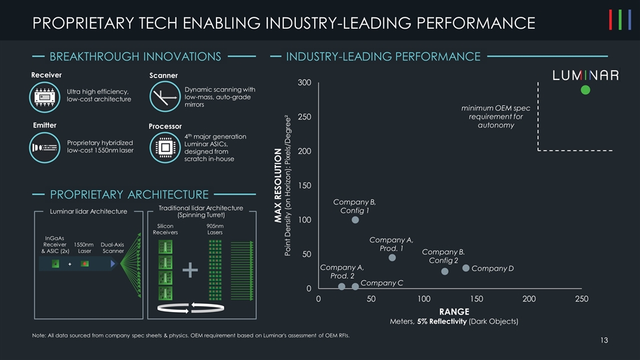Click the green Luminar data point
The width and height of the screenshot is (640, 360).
[x=585, y=90]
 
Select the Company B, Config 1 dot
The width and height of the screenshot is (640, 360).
[x=355, y=219]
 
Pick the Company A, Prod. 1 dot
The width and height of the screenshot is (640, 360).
[x=392, y=257]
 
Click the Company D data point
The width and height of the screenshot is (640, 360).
[x=465, y=268]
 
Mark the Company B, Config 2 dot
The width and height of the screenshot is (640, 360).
[x=445, y=271]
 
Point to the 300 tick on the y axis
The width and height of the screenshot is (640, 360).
[x=304, y=83]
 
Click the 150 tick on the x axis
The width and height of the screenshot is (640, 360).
[x=476, y=300]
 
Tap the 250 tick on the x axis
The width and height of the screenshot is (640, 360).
[x=581, y=300]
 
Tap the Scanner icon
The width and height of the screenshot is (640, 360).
[x=163, y=97]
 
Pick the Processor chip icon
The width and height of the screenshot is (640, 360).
[x=164, y=147]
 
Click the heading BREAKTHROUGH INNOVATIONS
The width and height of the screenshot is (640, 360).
[x=135, y=57]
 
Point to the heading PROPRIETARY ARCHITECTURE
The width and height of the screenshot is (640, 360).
[x=129, y=195]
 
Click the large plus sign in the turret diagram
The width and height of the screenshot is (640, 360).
[x=191, y=269]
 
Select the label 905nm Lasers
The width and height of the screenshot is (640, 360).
[x=215, y=229]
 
